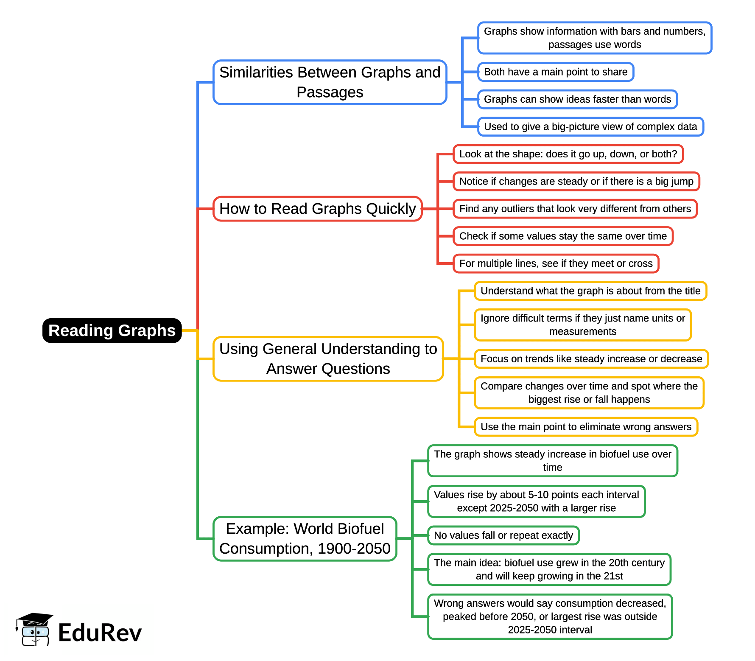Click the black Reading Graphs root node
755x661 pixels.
112,330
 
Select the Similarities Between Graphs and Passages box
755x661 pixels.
330,82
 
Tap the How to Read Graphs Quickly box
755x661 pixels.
317,209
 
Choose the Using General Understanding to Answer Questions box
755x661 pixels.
328,359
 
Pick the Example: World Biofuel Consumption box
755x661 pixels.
305,539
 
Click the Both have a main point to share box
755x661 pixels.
556,72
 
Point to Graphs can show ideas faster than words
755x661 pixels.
577,99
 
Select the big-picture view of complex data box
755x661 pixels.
590,127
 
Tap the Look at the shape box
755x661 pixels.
568,154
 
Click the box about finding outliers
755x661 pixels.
575,209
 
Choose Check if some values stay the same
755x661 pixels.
563,236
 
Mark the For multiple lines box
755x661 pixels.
556,263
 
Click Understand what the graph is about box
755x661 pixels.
590,291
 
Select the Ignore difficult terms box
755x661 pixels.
583,325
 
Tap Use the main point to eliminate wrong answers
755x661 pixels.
586,427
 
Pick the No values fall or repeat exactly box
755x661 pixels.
503,535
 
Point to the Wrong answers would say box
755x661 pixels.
550,616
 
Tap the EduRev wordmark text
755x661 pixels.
100,633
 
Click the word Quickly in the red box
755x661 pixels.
391,209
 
